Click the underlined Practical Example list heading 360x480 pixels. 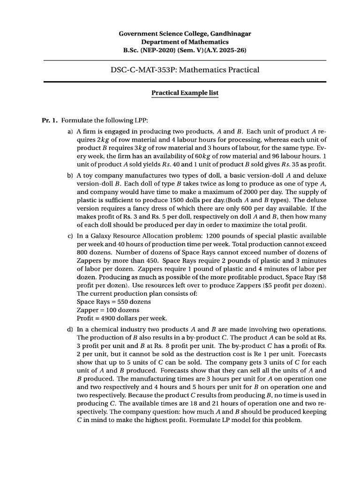[185, 93]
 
